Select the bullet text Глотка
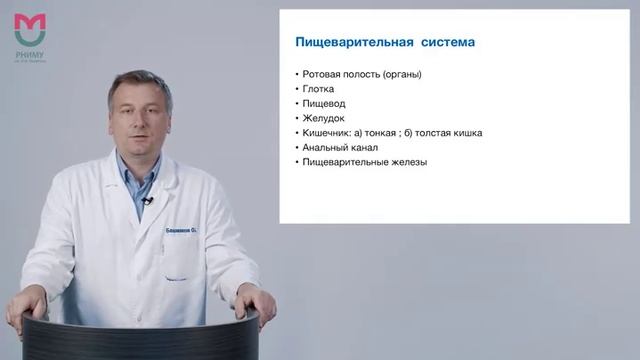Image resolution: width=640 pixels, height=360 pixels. click(x=319, y=89)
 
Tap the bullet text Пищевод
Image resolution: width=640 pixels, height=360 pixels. click(x=324, y=103)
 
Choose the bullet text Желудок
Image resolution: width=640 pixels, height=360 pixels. click(x=324, y=118)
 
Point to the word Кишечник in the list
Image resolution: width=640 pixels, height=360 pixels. click(x=327, y=133)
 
